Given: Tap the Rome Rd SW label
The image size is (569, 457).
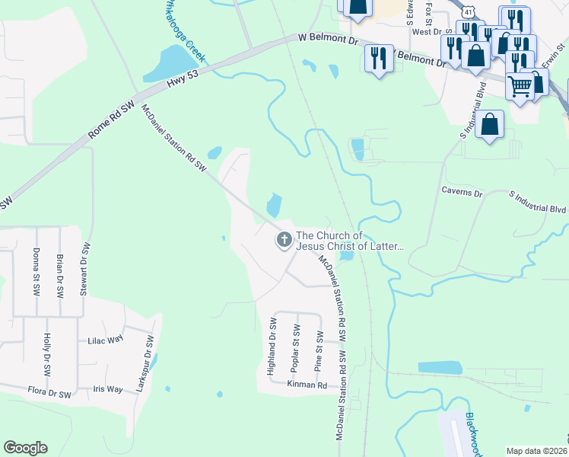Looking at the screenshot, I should coord(110,120).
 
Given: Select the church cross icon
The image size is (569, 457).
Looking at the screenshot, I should coord(284,241).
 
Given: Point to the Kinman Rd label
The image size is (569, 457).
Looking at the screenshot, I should coord(307,385).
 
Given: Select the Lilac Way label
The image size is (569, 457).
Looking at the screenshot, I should coord(105,340).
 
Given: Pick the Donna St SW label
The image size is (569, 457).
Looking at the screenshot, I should coord(36,272).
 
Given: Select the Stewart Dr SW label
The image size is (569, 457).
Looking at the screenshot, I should coord(85,268).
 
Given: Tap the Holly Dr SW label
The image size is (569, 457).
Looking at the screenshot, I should coord(47,355).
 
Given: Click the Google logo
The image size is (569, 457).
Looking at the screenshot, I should coord(25,448).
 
